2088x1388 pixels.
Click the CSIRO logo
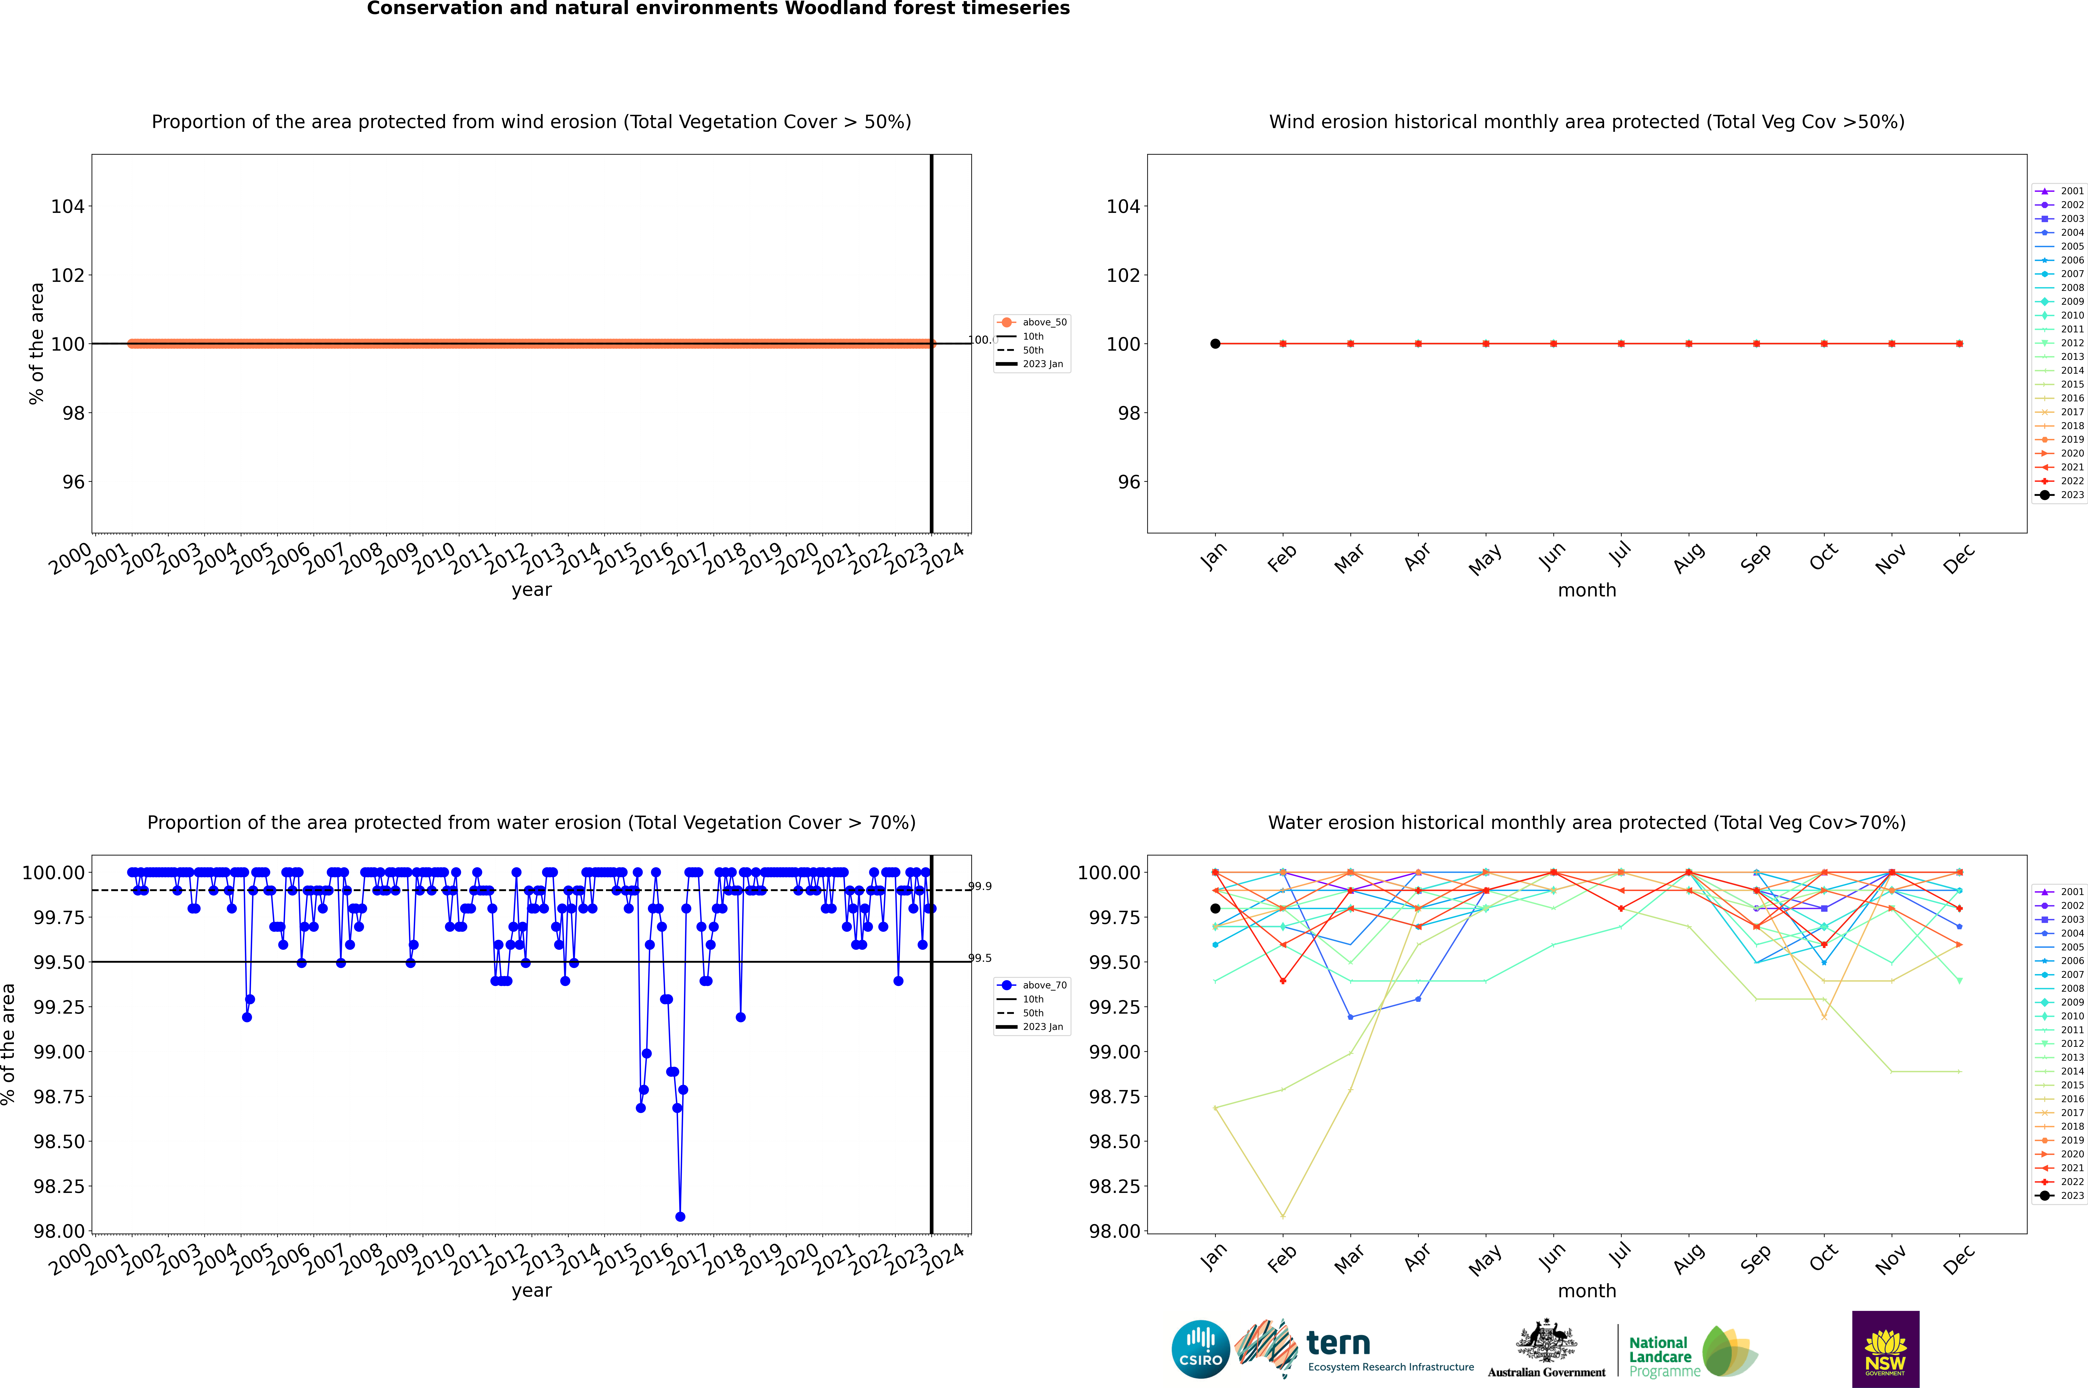[1200, 1349]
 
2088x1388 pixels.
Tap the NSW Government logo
[1885, 1349]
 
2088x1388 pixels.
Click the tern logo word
[1338, 1344]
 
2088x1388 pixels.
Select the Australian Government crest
[1546, 1342]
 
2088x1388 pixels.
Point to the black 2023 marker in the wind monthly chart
[1215, 343]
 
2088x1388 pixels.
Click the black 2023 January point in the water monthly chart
[1215, 908]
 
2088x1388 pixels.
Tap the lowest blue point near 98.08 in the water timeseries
[680, 1216]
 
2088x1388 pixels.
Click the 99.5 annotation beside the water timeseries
[980, 958]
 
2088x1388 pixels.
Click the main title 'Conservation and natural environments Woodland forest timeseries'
[718, 9]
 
